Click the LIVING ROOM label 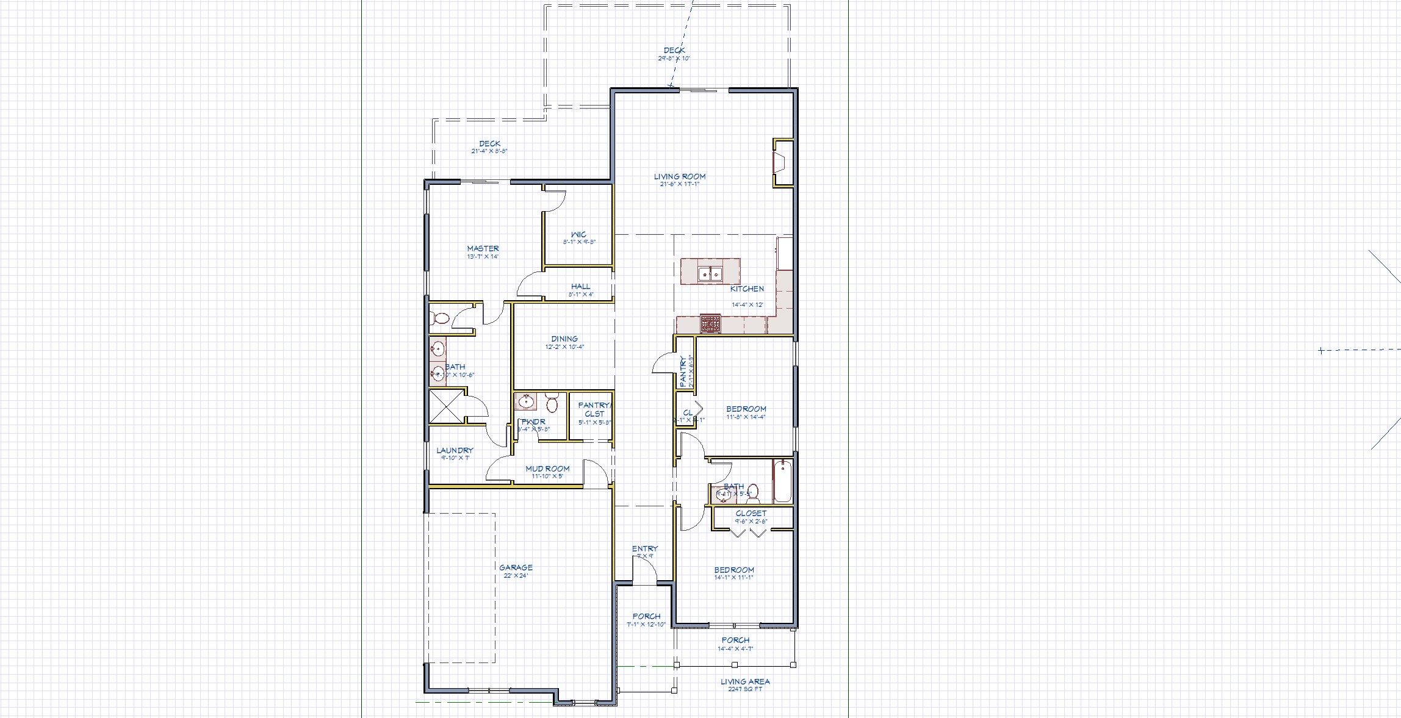pyautogui.click(x=680, y=177)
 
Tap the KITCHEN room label pyautogui.click(x=747, y=289)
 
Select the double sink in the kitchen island pyautogui.click(x=710, y=274)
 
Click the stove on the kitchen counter pyautogui.click(x=710, y=323)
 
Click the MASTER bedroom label pyautogui.click(x=483, y=249)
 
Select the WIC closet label pyautogui.click(x=578, y=235)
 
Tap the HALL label pyautogui.click(x=580, y=287)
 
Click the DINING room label pyautogui.click(x=564, y=339)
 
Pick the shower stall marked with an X pyautogui.click(x=446, y=406)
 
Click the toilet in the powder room pyautogui.click(x=552, y=403)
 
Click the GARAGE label pyautogui.click(x=516, y=568)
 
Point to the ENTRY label pyautogui.click(x=645, y=549)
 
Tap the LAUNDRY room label pyautogui.click(x=455, y=451)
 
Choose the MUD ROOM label pyautogui.click(x=547, y=469)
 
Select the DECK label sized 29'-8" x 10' pyautogui.click(x=674, y=51)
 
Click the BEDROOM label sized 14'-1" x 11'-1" pyautogui.click(x=734, y=570)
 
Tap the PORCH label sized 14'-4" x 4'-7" pyautogui.click(x=735, y=641)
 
